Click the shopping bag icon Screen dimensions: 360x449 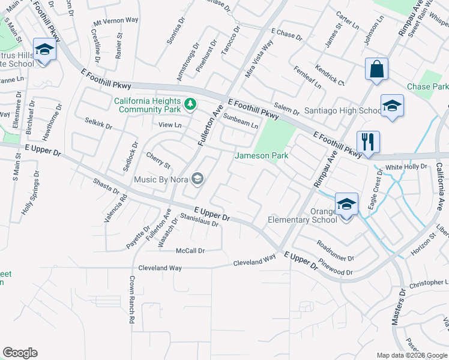376,69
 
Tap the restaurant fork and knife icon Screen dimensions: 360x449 366,142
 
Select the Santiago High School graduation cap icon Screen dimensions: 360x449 392,106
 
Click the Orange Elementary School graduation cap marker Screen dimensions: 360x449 346,204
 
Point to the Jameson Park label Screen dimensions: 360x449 261,155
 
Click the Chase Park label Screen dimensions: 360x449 427,86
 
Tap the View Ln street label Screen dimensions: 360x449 170,125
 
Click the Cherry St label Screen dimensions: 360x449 158,160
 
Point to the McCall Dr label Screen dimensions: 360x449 190,250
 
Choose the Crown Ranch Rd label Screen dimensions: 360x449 131,300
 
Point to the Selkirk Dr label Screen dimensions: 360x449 98,124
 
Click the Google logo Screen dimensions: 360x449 20,353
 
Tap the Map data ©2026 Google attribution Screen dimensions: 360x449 412,355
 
